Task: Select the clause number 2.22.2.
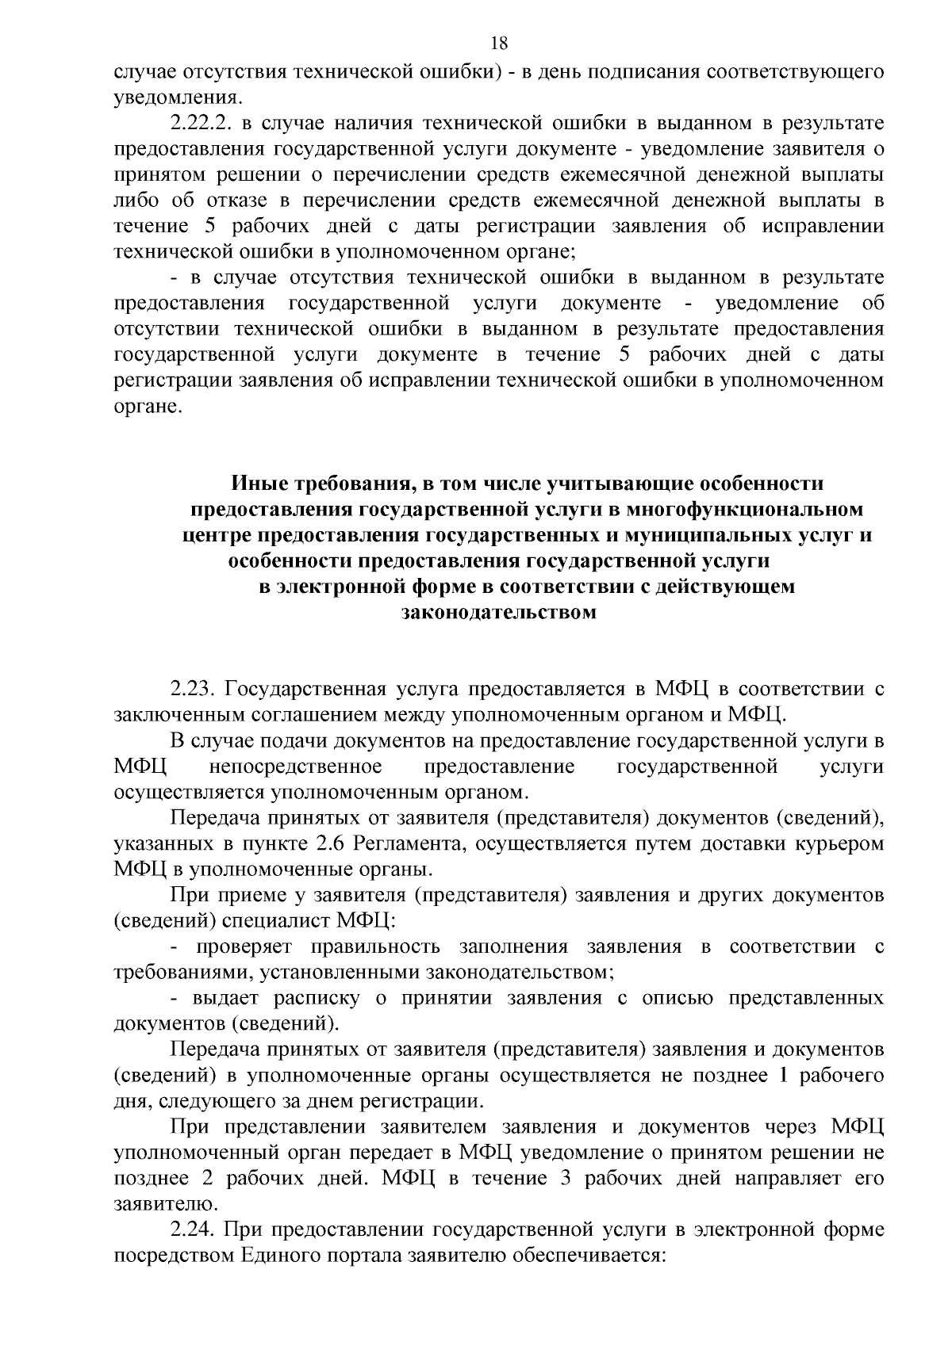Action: coord(202,124)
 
